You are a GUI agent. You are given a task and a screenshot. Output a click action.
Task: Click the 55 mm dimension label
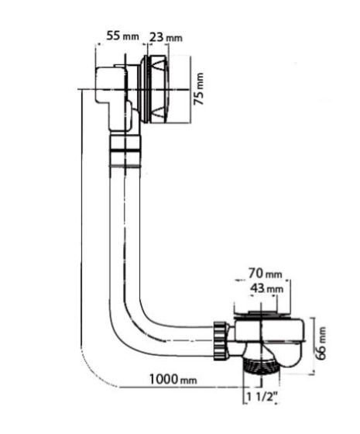tap(122, 36)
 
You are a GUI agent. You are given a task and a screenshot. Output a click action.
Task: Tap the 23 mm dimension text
tap(166, 37)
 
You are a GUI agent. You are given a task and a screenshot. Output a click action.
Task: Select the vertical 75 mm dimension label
tap(198, 89)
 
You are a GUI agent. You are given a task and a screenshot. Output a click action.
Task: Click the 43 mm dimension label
tap(267, 288)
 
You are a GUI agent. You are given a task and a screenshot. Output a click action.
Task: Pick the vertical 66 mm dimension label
tap(321, 343)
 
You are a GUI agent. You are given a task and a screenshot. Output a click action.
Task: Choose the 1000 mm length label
tap(173, 379)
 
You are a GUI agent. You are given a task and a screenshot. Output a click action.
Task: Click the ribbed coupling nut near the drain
tap(221, 341)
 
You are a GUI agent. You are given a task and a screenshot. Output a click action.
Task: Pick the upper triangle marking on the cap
tap(159, 65)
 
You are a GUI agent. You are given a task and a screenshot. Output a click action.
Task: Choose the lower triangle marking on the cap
tap(159, 112)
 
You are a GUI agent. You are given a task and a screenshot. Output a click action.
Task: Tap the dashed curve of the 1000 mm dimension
tap(93, 374)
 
